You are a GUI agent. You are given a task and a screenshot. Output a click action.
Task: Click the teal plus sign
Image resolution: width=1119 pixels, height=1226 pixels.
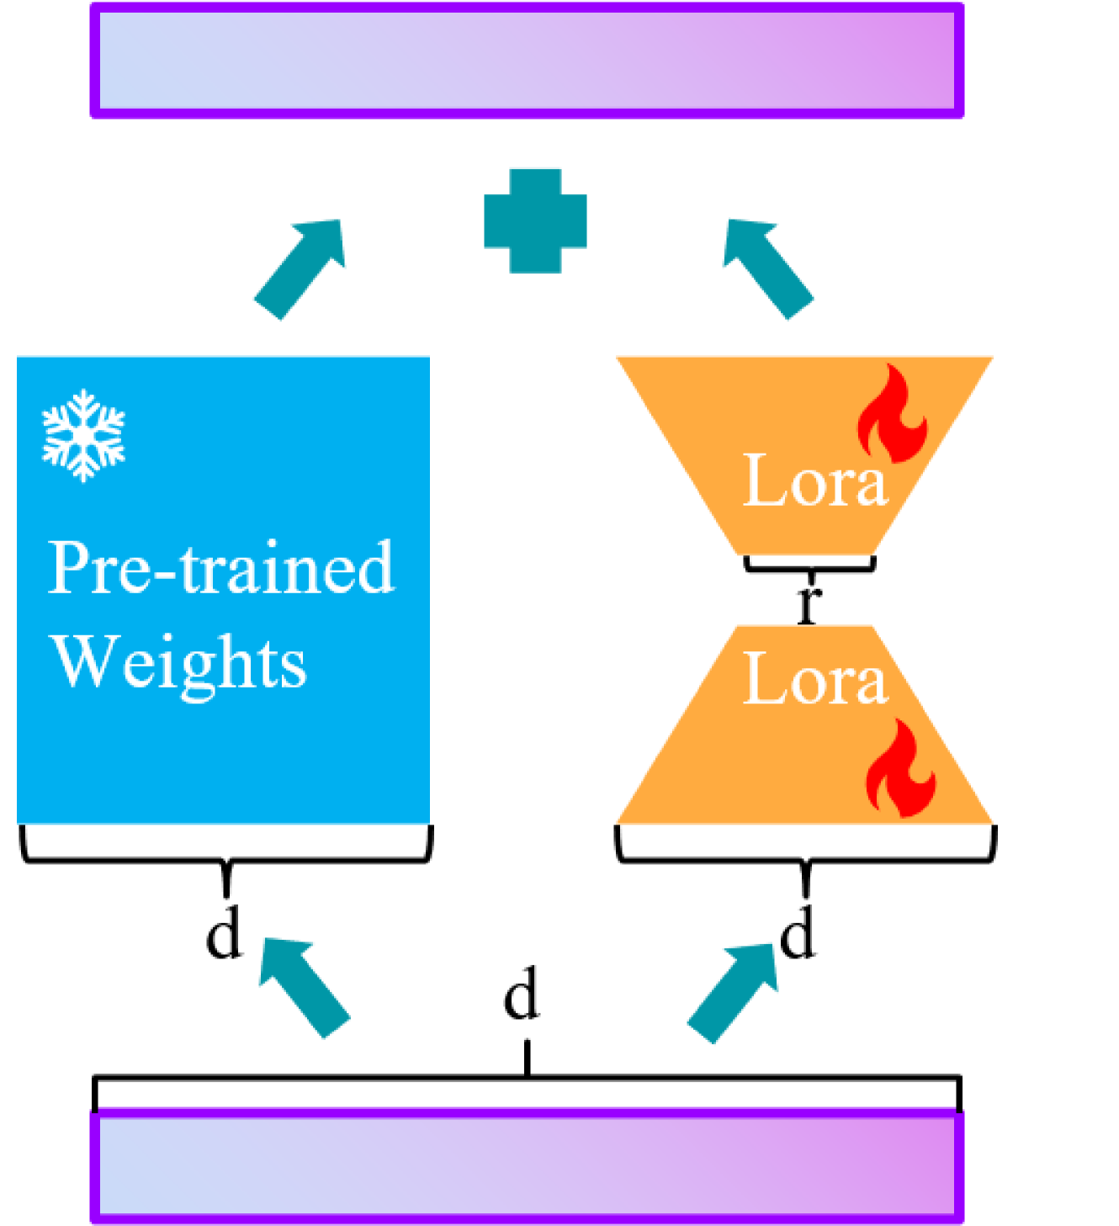(x=535, y=220)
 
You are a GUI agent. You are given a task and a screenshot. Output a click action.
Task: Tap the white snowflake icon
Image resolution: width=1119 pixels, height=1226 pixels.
(x=83, y=435)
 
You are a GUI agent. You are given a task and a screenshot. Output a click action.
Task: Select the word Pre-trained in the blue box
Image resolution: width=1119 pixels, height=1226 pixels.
(x=220, y=568)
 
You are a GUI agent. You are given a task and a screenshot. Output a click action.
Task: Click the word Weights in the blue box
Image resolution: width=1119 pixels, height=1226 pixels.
(x=179, y=662)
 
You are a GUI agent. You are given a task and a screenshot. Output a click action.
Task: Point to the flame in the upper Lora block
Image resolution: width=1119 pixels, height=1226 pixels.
(x=892, y=414)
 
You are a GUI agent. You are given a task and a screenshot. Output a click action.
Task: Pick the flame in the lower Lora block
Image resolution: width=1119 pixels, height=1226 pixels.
(x=901, y=768)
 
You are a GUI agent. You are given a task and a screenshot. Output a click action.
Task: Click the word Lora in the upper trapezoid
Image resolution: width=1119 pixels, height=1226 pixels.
(x=814, y=480)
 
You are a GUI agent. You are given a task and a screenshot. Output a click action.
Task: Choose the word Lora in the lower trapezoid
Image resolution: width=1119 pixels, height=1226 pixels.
(x=814, y=679)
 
